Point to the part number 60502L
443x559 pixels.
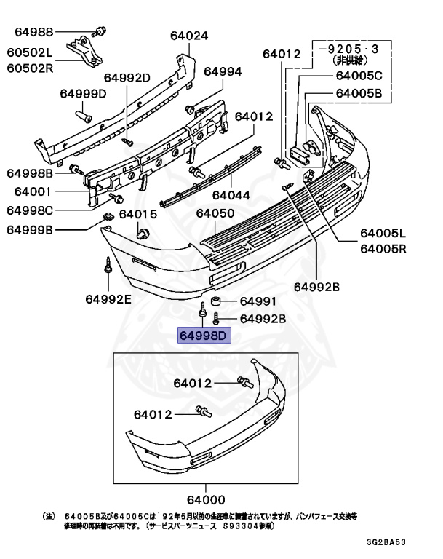point(31,53)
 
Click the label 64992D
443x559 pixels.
point(127,78)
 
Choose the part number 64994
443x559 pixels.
point(223,71)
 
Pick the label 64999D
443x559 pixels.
point(83,93)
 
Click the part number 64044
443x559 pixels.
point(231,196)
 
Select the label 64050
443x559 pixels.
point(215,213)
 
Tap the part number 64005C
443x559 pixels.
point(359,76)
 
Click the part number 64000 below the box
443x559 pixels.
point(205,499)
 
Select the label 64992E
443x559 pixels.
point(108,298)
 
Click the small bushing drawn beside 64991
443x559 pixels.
point(216,301)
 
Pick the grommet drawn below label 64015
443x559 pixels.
point(143,233)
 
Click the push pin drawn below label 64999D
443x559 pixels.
point(84,114)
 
